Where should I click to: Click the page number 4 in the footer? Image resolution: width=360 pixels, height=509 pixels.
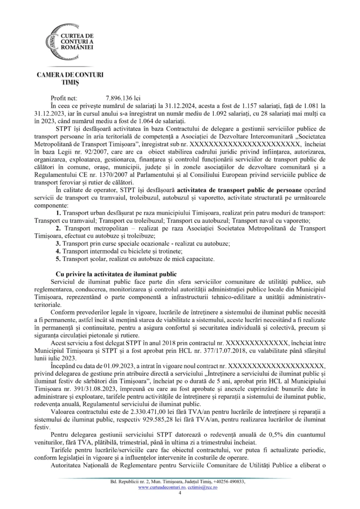(180, 493)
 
